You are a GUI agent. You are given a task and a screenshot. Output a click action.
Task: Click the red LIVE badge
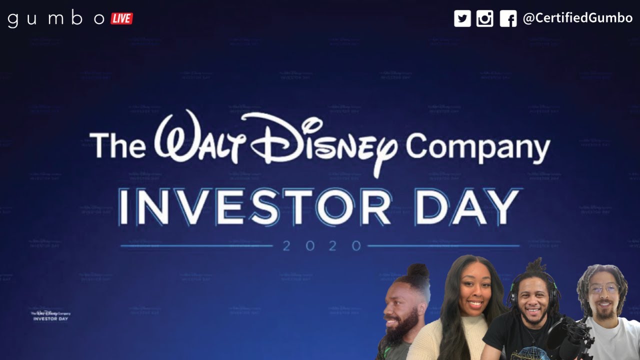pyautogui.click(x=121, y=19)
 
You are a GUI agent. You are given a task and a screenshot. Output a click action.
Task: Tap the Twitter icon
pyautogui.click(x=462, y=19)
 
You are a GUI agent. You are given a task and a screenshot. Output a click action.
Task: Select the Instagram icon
pyautogui.click(x=484, y=19)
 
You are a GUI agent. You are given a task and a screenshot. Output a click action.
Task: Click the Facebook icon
pyautogui.click(x=508, y=19)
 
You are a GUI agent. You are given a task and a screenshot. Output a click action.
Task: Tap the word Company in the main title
pyautogui.click(x=477, y=147)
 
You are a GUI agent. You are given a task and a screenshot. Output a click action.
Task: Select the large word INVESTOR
pyautogui.click(x=255, y=206)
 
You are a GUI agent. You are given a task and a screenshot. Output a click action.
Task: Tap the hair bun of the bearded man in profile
pyautogui.click(x=417, y=271)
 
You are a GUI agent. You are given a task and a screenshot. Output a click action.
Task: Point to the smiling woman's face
pyautogui.click(x=472, y=292)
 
